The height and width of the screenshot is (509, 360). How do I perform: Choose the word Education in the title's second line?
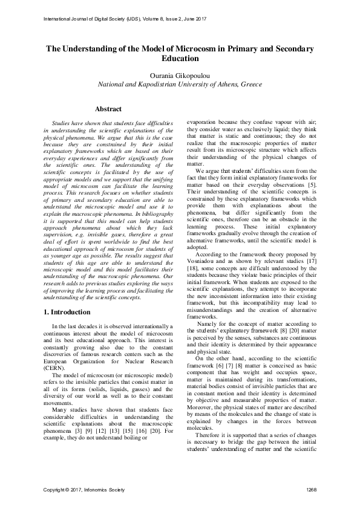(x=180, y=59)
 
